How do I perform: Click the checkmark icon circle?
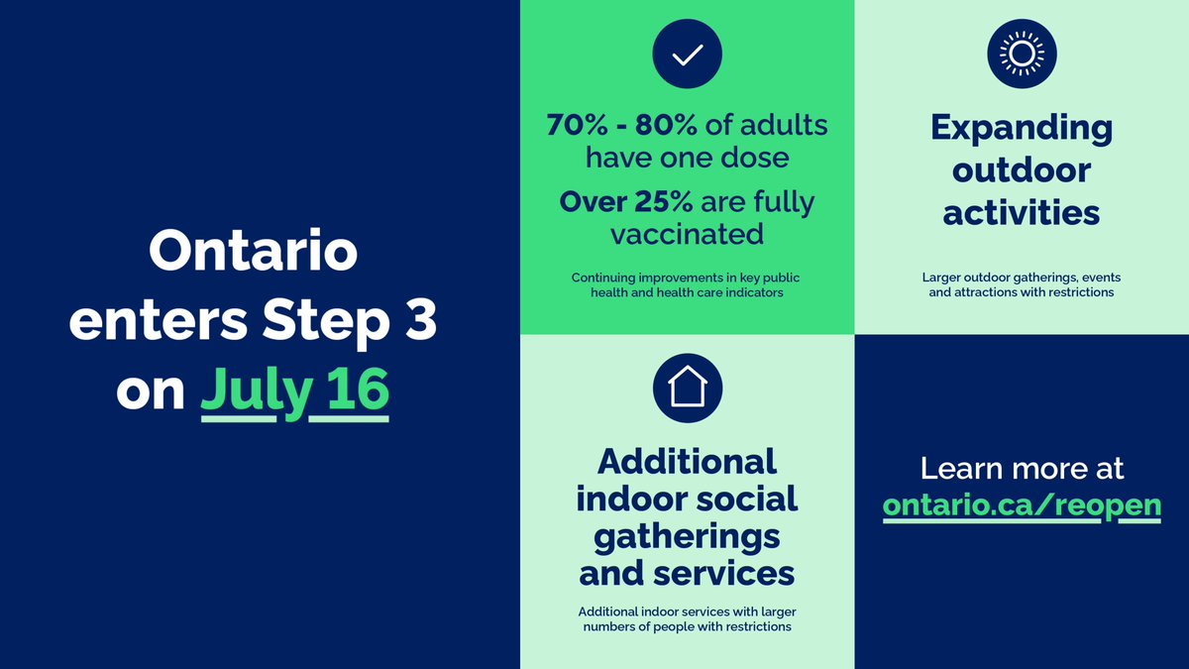click(687, 54)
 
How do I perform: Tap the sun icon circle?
click(1022, 54)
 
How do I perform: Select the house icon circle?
click(688, 389)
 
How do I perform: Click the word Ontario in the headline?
click(254, 251)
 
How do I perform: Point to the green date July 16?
click(294, 391)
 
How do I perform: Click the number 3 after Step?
click(421, 321)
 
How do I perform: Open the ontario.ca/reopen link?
click(1022, 506)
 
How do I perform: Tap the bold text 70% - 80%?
click(621, 126)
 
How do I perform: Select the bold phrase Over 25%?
click(626, 202)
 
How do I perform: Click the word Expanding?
click(1022, 129)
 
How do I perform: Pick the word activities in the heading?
click(1022, 213)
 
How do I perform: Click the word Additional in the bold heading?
click(687, 462)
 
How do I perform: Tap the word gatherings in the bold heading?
click(687, 538)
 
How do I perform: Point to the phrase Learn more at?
click(1022, 469)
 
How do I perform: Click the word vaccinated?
click(687, 234)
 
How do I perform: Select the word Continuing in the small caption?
click(603, 278)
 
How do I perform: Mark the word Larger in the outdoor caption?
click(939, 278)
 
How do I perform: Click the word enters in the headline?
click(159, 322)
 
